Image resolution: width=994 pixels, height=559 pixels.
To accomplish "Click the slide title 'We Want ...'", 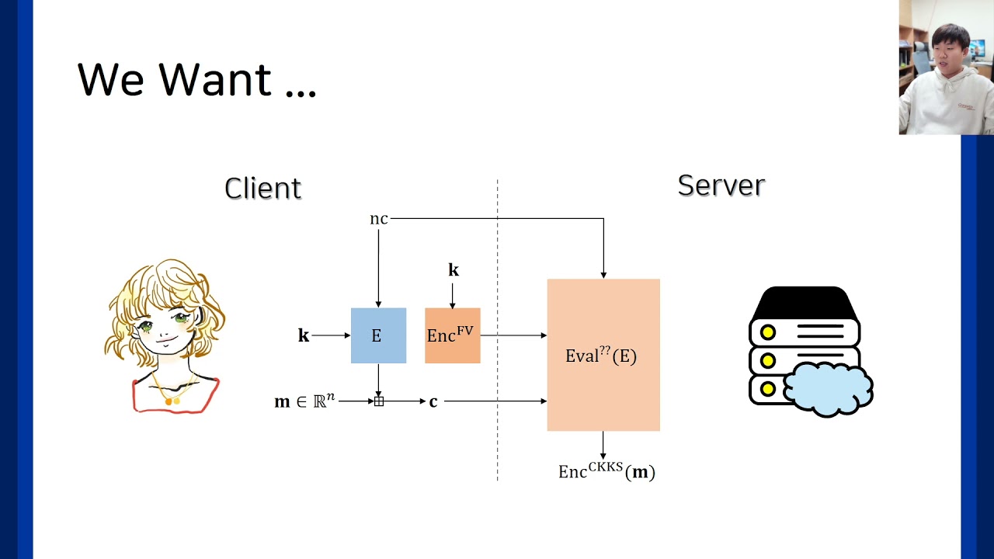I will (197, 79).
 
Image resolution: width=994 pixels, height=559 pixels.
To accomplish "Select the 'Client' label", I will (262, 188).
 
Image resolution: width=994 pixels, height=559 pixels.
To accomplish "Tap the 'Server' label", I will (721, 185).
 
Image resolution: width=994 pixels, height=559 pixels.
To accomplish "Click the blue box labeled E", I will (378, 335).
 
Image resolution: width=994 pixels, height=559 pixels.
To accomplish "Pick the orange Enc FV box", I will (452, 335).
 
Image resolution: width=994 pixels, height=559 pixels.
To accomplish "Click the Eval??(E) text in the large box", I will (601, 356).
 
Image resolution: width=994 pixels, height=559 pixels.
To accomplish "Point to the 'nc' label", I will (378, 219).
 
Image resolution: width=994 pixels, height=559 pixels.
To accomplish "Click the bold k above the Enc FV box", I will (454, 270).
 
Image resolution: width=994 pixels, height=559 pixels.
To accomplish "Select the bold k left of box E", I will (304, 335).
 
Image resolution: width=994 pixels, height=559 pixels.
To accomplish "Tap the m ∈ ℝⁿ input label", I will (304, 401).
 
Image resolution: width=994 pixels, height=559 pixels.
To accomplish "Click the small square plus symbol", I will (379, 401).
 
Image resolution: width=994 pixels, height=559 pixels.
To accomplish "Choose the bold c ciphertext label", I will (433, 401).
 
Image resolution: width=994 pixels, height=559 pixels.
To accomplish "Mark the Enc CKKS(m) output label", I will (606, 471).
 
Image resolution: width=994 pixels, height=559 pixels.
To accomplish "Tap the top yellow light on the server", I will (767, 332).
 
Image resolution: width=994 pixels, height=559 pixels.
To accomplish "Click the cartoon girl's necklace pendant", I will (172, 401).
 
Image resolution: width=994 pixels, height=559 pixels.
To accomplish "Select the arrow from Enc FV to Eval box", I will (513, 335).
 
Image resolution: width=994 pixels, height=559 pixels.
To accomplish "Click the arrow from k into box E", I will (331, 335).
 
